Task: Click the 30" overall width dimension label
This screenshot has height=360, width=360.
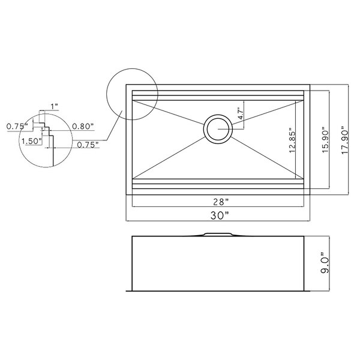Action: click(x=220, y=215)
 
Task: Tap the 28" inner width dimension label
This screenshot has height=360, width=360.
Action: click(x=221, y=202)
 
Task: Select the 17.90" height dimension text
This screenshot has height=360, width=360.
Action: click(x=345, y=140)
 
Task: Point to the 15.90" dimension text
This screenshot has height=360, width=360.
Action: click(x=326, y=140)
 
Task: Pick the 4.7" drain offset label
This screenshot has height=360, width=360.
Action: click(x=240, y=113)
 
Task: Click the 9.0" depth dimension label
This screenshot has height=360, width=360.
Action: click(x=325, y=263)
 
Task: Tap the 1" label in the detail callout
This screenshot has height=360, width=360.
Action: click(x=54, y=106)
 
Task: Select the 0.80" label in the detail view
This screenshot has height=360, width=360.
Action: click(x=83, y=126)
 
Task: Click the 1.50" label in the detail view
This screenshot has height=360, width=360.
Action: click(x=31, y=141)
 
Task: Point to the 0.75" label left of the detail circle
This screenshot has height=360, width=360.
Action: click(x=17, y=126)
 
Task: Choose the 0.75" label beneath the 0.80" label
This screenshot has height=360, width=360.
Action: click(x=88, y=145)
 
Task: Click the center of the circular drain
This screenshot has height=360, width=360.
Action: click(x=218, y=129)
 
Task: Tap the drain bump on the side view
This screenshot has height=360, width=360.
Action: click(x=217, y=235)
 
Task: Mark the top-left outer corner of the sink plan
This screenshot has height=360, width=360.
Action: click(x=126, y=85)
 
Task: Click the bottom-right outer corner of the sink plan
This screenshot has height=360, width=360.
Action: click(x=310, y=194)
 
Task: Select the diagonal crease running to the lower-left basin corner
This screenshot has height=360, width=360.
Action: click(x=169, y=158)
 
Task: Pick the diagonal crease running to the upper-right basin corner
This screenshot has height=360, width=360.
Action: click(x=268, y=113)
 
